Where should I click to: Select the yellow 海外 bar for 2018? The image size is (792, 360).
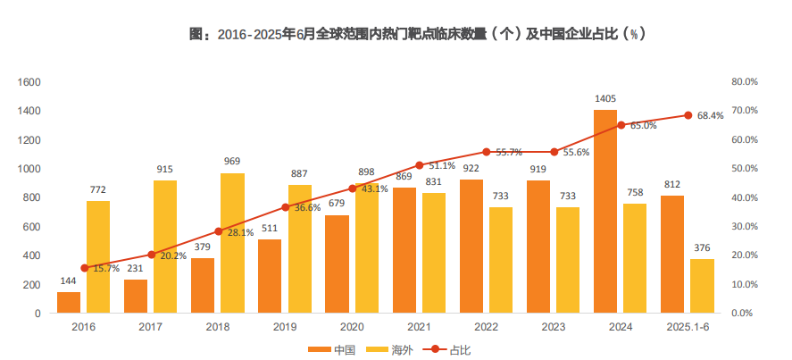point(232,243)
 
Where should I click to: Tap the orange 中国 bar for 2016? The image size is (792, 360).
point(69,303)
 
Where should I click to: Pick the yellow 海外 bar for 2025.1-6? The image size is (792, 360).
point(702,286)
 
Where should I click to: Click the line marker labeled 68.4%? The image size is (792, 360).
point(688,115)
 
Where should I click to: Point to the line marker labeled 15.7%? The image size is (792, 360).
point(85,268)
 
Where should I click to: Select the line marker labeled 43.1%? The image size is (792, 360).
point(353,188)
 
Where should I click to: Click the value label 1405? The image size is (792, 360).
point(605,99)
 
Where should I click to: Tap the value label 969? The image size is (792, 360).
point(232,162)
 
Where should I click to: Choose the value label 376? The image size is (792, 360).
point(702,248)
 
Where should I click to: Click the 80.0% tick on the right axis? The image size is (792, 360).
point(744,82)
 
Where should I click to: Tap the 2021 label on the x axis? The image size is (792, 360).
point(420,328)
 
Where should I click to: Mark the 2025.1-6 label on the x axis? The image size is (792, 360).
point(687,328)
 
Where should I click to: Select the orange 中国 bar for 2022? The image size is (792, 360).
point(471,247)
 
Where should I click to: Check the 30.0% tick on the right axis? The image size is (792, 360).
point(744,227)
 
